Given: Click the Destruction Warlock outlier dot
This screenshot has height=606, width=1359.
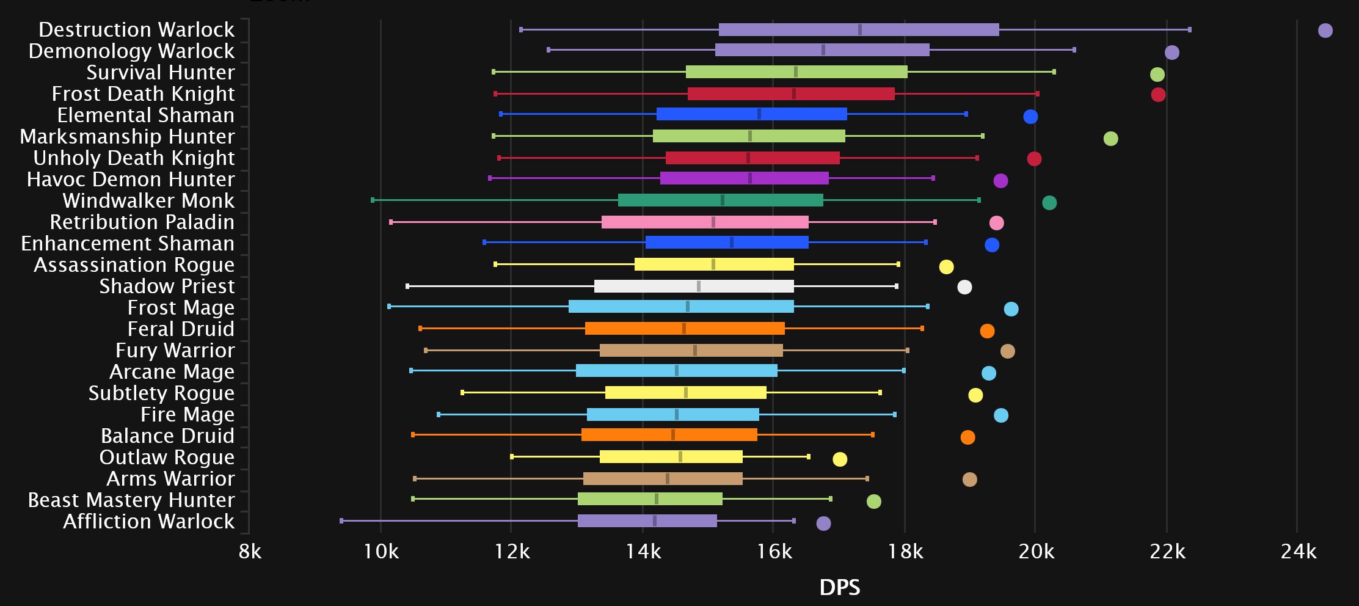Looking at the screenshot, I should (x=1325, y=31).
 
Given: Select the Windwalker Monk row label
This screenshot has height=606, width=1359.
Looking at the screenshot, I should (x=148, y=200).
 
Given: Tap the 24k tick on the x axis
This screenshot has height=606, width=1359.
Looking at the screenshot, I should (x=1297, y=552).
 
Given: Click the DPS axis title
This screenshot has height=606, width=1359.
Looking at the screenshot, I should (x=840, y=587).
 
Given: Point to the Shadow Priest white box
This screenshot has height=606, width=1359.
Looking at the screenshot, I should (x=694, y=286).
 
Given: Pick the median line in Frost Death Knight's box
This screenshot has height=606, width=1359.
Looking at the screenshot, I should (x=793, y=94).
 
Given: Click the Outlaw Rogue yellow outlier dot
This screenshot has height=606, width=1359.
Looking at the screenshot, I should (x=840, y=459).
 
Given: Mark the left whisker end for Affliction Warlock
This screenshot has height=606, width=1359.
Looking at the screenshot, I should (x=341, y=521).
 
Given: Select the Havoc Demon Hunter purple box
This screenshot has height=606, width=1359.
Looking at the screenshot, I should (x=744, y=178).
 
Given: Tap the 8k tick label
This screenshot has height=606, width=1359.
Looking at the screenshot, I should (x=250, y=552).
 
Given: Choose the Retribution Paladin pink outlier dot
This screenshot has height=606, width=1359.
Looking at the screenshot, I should (x=996, y=223).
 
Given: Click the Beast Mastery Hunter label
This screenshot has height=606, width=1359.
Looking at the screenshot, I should (x=131, y=500).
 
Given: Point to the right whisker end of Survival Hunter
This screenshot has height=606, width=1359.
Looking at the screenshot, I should (x=1054, y=72).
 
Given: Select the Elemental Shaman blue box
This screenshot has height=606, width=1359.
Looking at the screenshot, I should (x=751, y=114).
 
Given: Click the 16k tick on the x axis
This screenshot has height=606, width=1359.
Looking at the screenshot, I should (x=774, y=552).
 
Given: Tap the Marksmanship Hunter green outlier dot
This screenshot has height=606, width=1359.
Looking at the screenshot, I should (x=1110, y=139).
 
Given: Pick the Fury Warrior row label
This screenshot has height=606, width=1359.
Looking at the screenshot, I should (x=175, y=350).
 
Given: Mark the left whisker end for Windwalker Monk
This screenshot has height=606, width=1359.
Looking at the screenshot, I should (x=373, y=200).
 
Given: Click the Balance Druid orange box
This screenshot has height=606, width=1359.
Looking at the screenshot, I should (x=669, y=435).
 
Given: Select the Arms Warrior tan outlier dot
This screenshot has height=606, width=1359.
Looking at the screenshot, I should (x=969, y=480).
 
